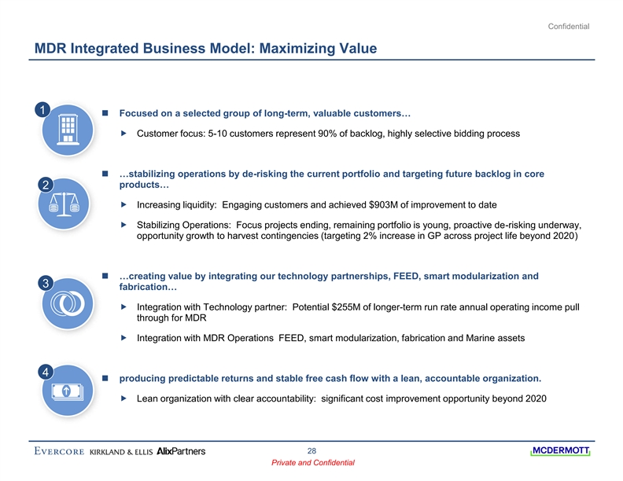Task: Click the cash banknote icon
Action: (x=68, y=391)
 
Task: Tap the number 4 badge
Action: (x=46, y=370)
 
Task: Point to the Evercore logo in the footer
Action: (x=59, y=451)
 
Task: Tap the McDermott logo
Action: (x=561, y=451)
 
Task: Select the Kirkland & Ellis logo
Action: (x=121, y=451)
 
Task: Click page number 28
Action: (x=311, y=450)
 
